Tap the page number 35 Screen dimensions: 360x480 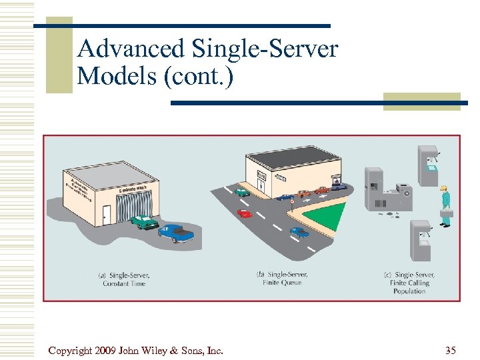coord(450,350)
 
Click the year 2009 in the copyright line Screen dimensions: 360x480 coord(109,350)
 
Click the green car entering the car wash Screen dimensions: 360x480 coord(144,221)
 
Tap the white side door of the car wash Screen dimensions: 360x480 coord(107,215)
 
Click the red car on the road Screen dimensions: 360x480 coord(245,213)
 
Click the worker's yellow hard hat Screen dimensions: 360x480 coord(443,189)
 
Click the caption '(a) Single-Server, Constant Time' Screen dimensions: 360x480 coord(125,279)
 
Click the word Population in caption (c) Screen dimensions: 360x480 coord(409,291)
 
